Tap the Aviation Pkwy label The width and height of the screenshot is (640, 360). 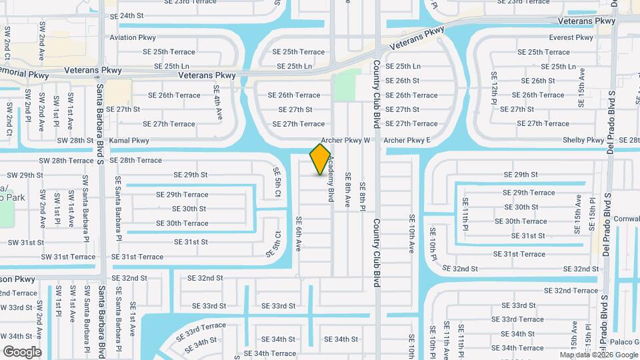click(x=133, y=38)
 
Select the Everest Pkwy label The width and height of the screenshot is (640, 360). click(x=571, y=38)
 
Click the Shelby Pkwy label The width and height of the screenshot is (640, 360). click(x=584, y=141)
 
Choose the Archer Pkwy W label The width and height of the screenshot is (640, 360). click(x=345, y=141)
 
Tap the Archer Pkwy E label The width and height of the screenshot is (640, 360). click(x=407, y=141)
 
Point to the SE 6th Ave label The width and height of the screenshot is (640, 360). click(x=299, y=233)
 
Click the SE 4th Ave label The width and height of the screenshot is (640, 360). click(x=217, y=103)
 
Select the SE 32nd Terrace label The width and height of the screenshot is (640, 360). click(x=571, y=291)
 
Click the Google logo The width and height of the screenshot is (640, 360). click(x=22, y=351)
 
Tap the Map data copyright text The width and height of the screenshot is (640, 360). click(x=598, y=355)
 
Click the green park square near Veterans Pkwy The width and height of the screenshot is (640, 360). click(x=347, y=85)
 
